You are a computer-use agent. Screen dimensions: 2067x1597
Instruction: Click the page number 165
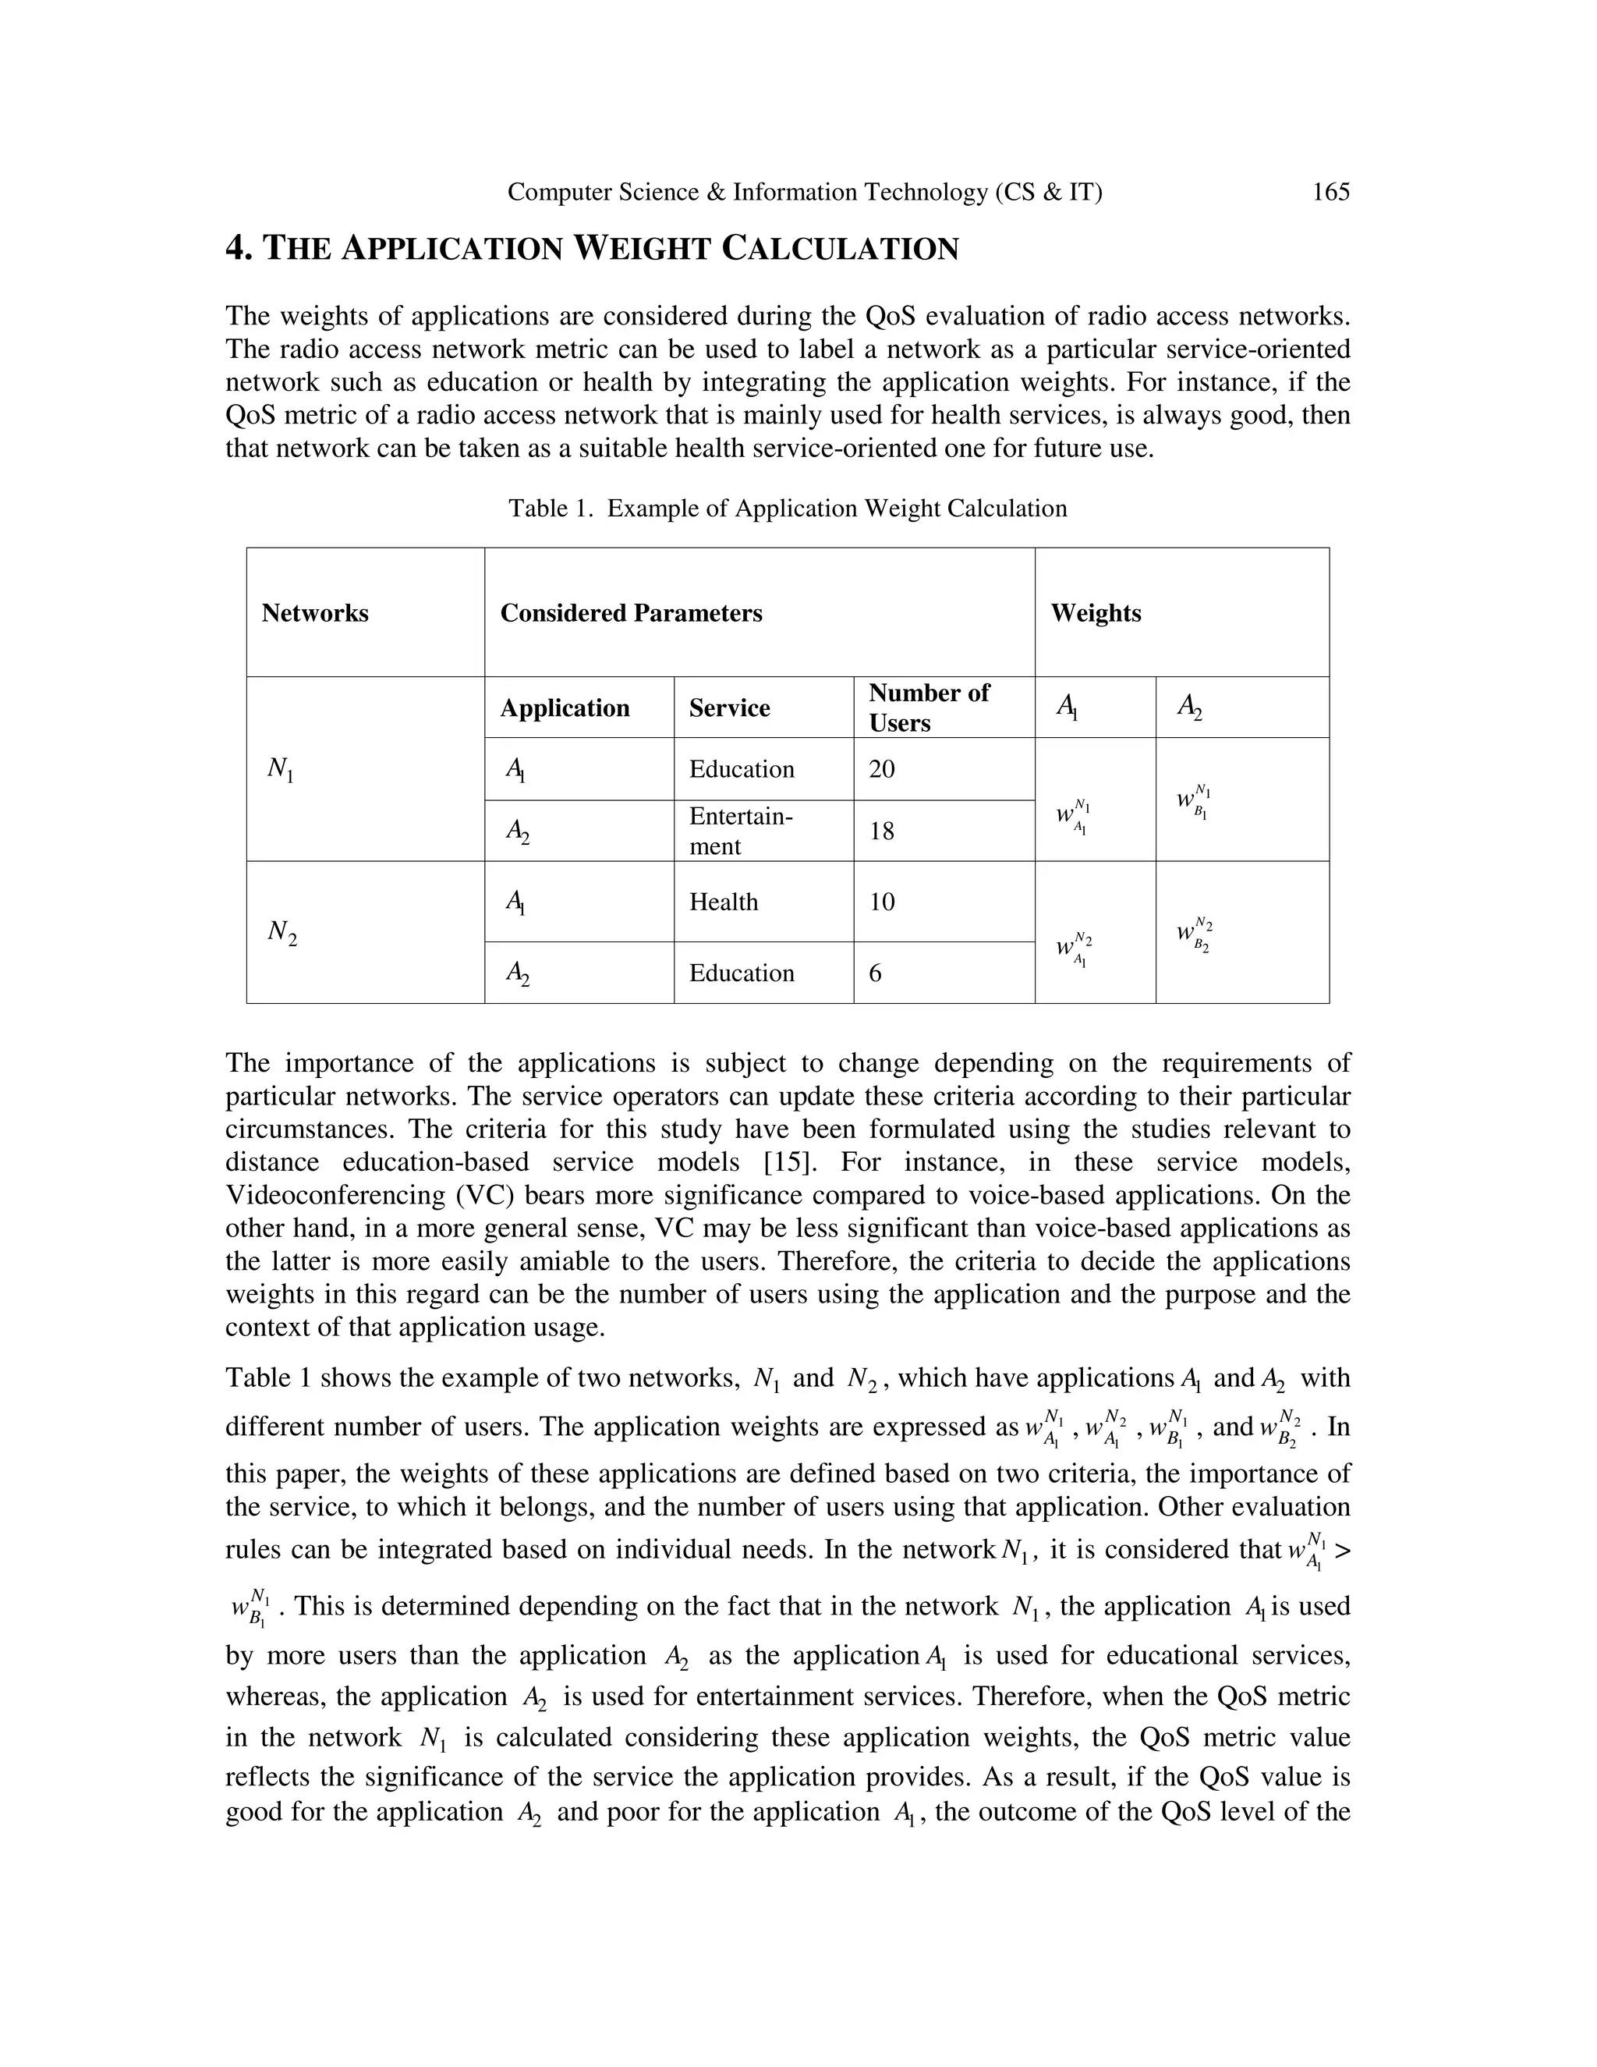tap(1330, 192)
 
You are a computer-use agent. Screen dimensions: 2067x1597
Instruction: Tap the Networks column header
tap(315, 613)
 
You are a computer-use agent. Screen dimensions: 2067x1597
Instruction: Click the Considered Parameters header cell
tap(631, 613)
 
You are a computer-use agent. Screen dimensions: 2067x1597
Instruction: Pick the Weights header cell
tap(1096, 613)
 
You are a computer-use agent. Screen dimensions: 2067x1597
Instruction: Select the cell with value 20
tap(882, 768)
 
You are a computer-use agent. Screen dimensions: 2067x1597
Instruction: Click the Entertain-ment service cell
tap(741, 830)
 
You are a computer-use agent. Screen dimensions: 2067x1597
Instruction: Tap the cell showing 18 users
tap(882, 831)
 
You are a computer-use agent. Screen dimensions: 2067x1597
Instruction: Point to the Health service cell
tap(724, 901)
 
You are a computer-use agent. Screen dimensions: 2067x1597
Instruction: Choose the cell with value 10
tap(882, 901)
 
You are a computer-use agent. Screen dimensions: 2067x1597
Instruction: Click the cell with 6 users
tap(875, 973)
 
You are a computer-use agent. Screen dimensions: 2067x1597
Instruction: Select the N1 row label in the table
tap(280, 769)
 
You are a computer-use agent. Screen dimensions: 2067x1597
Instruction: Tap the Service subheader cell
tap(729, 708)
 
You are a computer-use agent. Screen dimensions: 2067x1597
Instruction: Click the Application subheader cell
tap(565, 708)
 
